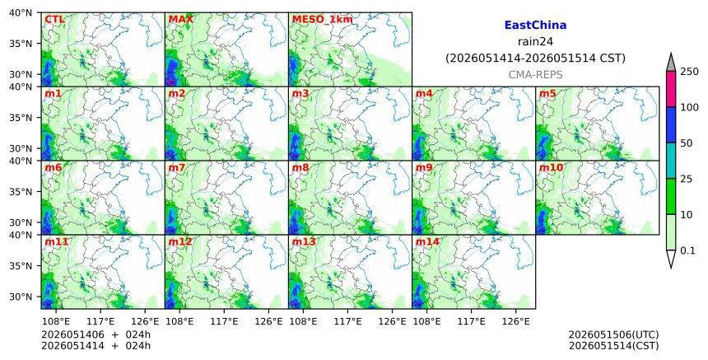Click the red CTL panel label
click(54, 20)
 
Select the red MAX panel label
click(180, 20)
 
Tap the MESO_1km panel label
click(323, 20)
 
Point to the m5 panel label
click(547, 93)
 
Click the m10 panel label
click(551, 167)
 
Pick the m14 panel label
click(427, 241)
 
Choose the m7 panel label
click(176, 167)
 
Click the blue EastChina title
click(535, 26)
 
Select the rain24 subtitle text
click(535, 41)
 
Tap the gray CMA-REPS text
click(535, 75)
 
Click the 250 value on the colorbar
click(689, 72)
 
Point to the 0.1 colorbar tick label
click(687, 250)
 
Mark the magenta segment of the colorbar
click(670, 89)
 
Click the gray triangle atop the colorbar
click(670, 63)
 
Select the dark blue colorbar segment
click(670, 125)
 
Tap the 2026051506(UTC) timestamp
click(613, 334)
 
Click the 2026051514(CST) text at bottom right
click(613, 346)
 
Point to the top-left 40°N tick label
click(21, 12)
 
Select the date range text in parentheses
click(535, 58)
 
